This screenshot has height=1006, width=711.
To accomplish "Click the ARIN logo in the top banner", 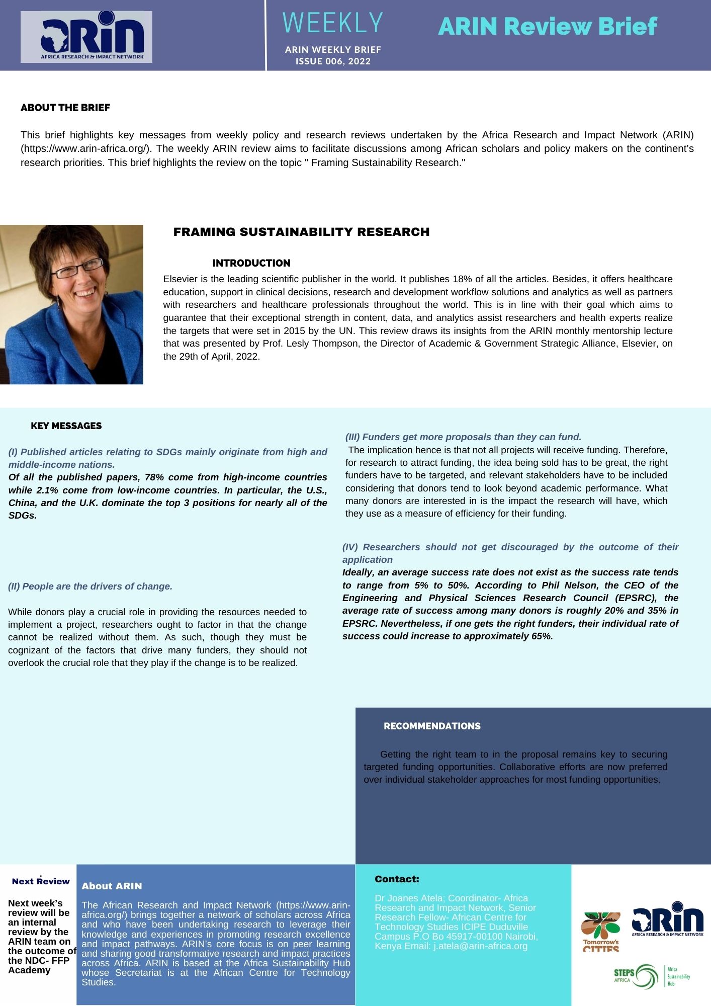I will [x=86, y=37].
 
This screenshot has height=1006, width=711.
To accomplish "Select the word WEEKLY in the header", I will [x=333, y=23].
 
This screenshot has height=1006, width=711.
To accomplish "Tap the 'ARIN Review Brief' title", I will [x=547, y=26].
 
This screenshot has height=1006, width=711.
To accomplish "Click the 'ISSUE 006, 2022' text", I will [x=333, y=61].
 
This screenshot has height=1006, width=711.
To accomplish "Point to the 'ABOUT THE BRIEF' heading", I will [x=65, y=108].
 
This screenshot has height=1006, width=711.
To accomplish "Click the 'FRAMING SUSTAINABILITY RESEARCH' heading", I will [x=301, y=232].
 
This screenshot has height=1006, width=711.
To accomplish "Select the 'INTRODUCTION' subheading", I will [x=251, y=263].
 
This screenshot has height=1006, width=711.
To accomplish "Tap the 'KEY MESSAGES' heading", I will [x=66, y=426].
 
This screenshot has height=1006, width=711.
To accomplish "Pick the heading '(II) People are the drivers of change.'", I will [x=91, y=586].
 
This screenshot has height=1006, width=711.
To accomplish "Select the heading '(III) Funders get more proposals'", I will [x=463, y=437].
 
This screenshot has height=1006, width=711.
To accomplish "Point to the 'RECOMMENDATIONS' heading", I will [x=432, y=726].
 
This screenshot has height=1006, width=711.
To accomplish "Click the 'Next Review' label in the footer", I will [x=41, y=881].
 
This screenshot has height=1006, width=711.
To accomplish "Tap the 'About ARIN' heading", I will [x=112, y=886].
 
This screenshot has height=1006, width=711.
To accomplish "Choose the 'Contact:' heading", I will [x=397, y=879].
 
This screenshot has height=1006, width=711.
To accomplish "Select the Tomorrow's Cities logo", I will [x=601, y=931].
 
